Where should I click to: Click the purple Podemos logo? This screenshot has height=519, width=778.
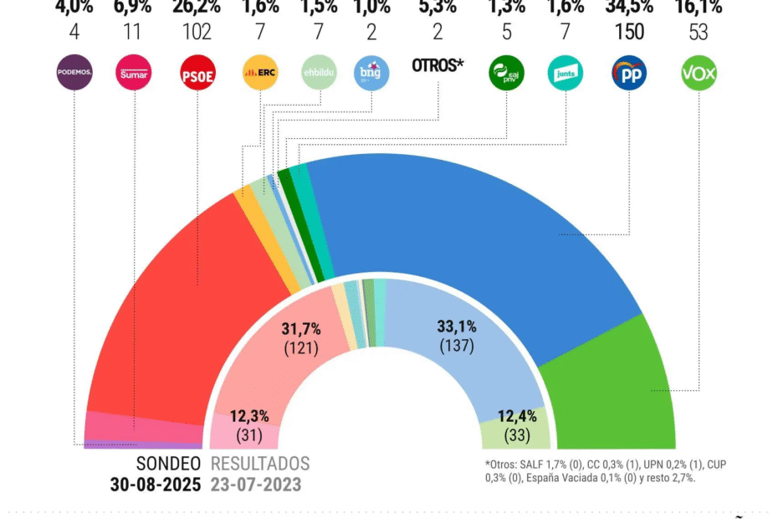tap(74, 73)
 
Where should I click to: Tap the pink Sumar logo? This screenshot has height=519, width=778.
tap(135, 73)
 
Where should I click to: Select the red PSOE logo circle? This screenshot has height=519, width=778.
tap(198, 73)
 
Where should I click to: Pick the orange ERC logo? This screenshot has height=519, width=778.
tap(260, 73)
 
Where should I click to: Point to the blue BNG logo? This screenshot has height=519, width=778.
tap(371, 73)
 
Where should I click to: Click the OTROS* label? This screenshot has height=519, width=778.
tap(438, 65)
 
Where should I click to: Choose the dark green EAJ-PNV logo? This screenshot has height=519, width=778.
tap(506, 73)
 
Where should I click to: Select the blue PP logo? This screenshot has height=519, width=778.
tap(629, 73)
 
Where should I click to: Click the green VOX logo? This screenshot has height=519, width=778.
tap(699, 73)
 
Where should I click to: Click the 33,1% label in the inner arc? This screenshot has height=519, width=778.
tap(456, 326)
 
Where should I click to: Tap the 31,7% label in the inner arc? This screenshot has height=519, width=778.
tap(300, 326)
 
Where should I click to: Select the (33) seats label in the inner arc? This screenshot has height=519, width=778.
tap(515, 435)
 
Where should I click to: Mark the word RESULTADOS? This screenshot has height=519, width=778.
tap(260, 464)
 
